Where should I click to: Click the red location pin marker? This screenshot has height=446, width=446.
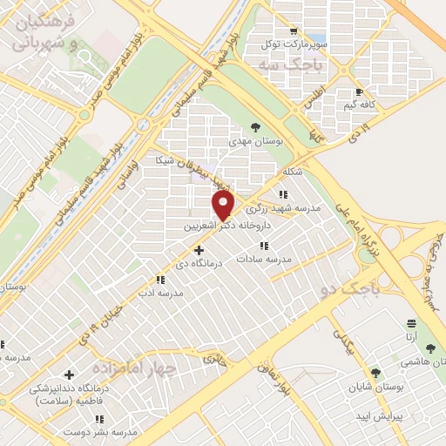coord(224,205)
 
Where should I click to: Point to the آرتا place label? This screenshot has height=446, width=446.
coord(409,336)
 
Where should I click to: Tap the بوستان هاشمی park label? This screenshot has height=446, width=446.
coord(425,361)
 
